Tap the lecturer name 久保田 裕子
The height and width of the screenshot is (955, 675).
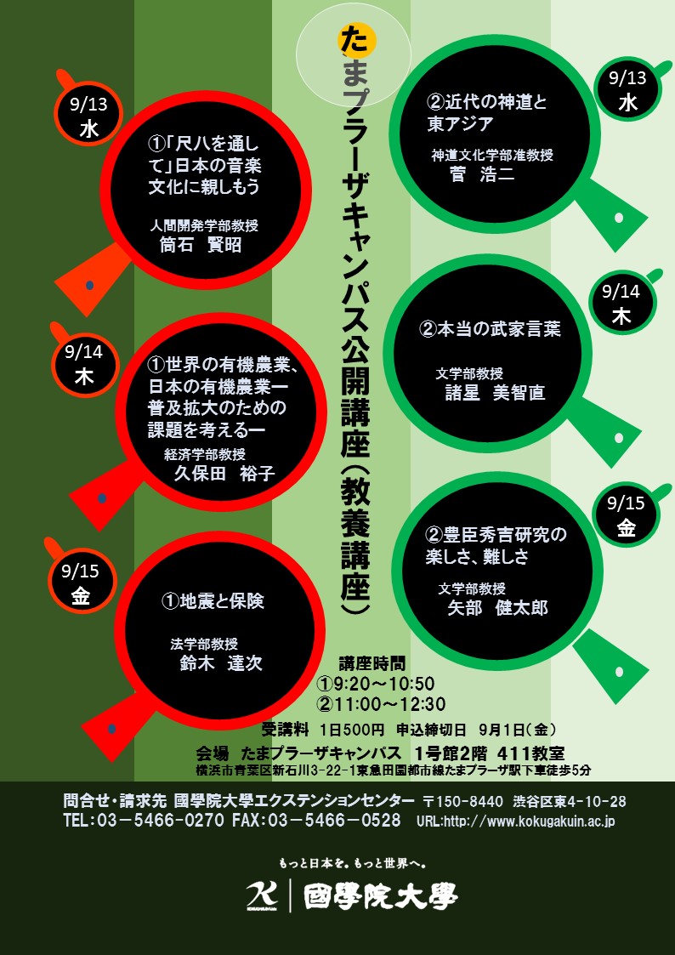[224, 473]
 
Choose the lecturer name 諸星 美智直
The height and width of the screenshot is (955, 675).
[496, 392]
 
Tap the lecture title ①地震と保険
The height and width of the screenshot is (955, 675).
[213, 601]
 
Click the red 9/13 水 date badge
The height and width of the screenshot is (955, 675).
[89, 118]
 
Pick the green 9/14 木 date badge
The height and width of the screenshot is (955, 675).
[621, 304]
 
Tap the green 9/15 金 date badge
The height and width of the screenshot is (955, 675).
[627, 516]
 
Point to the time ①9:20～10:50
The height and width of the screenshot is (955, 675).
[376, 684]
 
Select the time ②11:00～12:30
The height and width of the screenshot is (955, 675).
[381, 703]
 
